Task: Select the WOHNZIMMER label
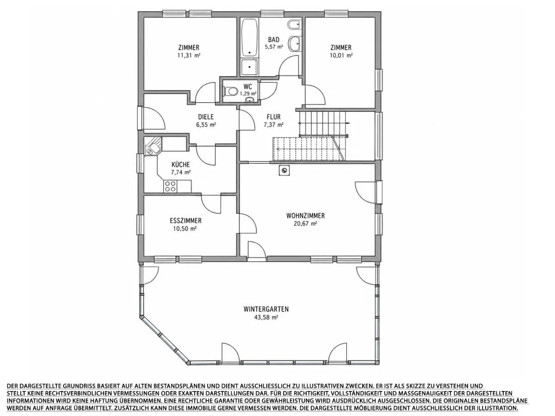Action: (305, 216)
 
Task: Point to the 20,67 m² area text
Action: (305, 224)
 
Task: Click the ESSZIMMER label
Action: (185, 221)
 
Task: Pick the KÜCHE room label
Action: (180, 165)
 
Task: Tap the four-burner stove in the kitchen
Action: (170, 186)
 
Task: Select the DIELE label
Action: (206, 117)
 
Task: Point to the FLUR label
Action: (274, 117)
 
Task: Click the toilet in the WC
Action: (230, 91)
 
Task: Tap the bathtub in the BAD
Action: (250, 38)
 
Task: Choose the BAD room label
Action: (274, 40)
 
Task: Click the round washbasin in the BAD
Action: (295, 44)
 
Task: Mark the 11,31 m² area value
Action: (189, 55)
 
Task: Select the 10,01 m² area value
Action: (341, 55)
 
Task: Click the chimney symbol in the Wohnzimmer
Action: (284, 171)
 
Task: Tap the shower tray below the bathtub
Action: (250, 67)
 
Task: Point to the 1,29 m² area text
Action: (248, 94)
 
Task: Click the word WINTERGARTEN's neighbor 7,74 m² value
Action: (180, 172)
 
